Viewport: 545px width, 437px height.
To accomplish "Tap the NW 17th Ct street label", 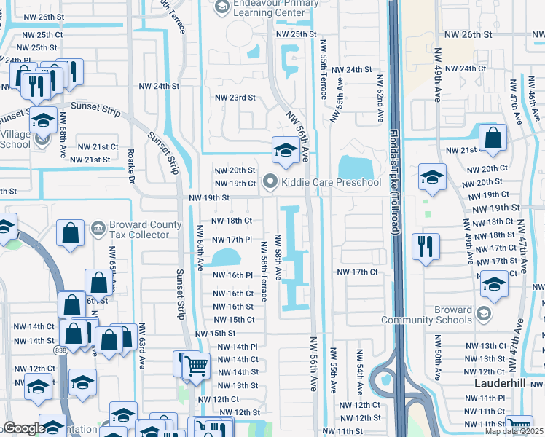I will point(358,272).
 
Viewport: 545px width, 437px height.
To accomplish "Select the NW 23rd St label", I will point(235,97).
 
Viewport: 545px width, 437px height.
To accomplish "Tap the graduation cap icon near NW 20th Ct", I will point(432,177).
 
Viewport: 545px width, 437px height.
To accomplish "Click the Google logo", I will point(23,428).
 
